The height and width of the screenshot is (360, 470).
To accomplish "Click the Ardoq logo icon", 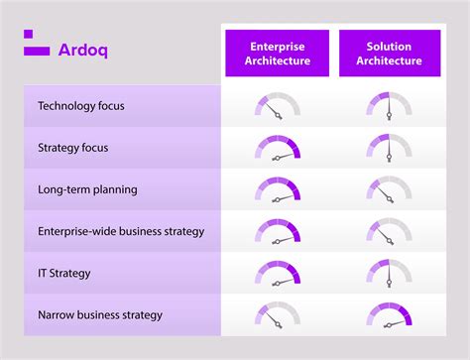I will tap(36, 44).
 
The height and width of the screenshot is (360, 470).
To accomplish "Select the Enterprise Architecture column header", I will tap(277, 53).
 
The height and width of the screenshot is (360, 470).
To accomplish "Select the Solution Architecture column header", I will tap(390, 53).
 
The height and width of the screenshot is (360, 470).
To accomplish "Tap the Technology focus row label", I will tap(81, 105).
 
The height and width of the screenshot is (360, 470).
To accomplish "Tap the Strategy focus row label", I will tap(73, 147).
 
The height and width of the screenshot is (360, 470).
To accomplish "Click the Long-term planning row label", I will tap(87, 189).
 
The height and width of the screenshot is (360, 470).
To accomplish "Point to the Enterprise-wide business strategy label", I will tap(121, 231).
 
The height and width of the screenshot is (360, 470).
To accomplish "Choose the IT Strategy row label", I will tap(65, 273).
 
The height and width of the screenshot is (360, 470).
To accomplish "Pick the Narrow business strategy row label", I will tap(100, 314).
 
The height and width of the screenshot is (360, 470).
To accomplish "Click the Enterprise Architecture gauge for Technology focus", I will tap(277, 106).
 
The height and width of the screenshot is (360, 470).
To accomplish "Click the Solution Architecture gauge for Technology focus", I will tap(390, 106).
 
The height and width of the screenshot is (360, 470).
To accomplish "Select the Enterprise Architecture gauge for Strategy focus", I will tap(277, 148).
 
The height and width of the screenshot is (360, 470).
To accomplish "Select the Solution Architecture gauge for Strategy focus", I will tap(390, 148).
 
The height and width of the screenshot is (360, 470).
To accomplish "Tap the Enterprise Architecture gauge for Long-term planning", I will tap(277, 189).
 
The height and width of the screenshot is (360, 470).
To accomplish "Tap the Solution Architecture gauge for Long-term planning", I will tap(390, 189).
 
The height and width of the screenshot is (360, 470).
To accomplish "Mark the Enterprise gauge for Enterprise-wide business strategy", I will tap(277, 231).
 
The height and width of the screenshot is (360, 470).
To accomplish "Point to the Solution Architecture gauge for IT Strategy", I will tap(390, 273).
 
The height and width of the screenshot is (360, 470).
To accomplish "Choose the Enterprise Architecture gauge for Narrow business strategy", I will tap(277, 314).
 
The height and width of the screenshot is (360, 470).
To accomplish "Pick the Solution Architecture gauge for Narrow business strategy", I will tap(390, 314).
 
